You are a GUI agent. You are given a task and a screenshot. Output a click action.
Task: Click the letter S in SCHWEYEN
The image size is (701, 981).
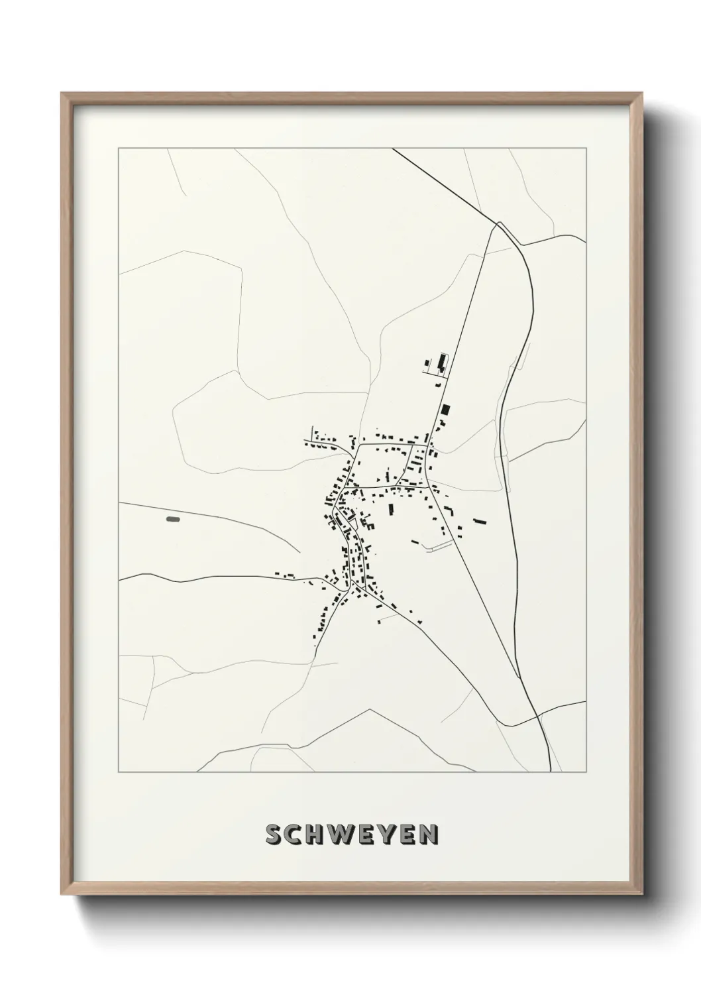coord(274,835)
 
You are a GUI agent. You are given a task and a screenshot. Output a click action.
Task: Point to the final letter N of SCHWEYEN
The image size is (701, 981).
coord(429,835)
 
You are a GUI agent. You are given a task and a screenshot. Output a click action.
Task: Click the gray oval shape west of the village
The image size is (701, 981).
coord(173,520)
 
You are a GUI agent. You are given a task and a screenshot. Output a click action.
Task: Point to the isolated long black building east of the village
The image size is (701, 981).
coord(480,521)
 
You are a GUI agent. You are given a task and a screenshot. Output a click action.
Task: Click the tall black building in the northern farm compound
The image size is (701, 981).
coord(441,363)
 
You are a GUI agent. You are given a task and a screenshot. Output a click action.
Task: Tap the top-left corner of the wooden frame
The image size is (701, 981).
coord(62,93)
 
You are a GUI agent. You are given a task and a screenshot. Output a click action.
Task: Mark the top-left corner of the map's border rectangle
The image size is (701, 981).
coord(119,149)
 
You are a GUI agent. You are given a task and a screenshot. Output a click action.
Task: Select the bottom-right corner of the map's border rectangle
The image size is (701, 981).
coord(586,772)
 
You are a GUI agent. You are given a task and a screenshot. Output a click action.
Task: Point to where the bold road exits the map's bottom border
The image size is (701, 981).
coord(551,772)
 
